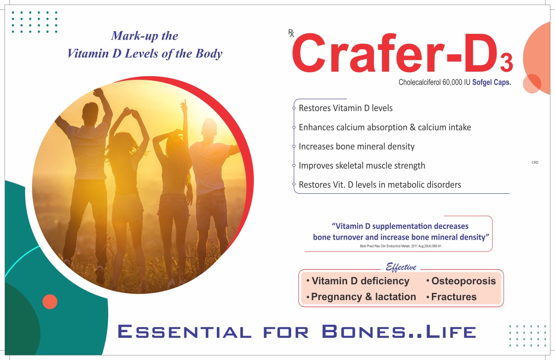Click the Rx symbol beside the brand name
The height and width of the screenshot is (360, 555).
291,33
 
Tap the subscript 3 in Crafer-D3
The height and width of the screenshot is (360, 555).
506,63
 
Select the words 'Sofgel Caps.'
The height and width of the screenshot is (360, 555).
491,82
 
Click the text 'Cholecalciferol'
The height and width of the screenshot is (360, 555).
419,82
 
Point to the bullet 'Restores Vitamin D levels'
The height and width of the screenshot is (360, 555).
346,108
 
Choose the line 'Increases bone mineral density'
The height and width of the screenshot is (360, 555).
357,146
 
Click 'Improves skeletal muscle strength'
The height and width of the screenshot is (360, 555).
362,166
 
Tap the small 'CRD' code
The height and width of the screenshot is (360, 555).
535,162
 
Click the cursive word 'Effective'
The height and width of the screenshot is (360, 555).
401,267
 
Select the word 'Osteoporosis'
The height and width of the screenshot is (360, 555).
463,281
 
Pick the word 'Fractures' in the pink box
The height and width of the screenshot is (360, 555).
454,296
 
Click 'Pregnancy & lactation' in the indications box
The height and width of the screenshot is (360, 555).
363,296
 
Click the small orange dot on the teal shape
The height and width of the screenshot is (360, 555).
50,301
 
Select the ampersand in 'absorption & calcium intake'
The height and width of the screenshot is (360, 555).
413,127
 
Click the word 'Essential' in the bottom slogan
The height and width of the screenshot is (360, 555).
184,331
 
